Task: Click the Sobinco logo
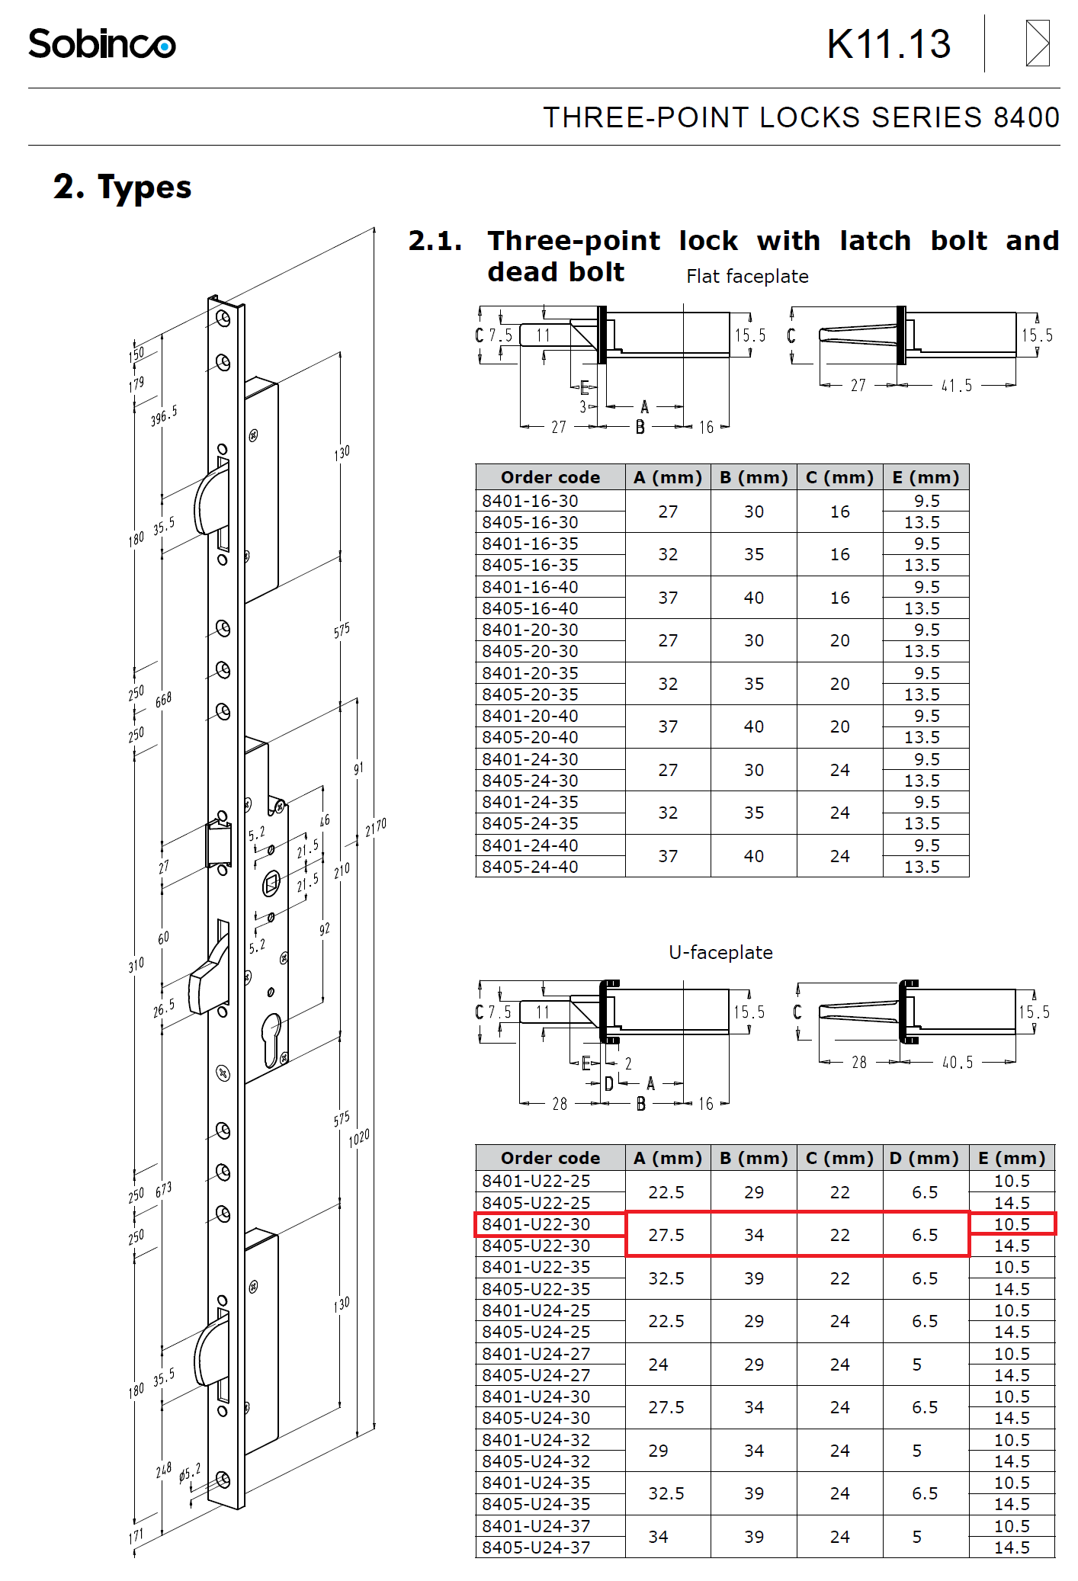(101, 43)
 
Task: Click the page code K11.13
(889, 44)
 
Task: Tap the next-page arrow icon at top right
(1038, 43)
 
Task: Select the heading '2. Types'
(123, 187)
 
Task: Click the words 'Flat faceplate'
(747, 277)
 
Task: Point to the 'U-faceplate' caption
(720, 952)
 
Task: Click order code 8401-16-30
(530, 501)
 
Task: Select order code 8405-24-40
(530, 867)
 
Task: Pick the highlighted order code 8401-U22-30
(536, 1224)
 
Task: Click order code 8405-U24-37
(536, 1547)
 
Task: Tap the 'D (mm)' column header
(924, 1158)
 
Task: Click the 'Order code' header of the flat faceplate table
(550, 477)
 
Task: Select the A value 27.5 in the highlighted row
(666, 1235)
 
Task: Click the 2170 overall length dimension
(376, 827)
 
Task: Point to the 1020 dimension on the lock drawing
(359, 1139)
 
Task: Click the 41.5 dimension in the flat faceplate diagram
(957, 386)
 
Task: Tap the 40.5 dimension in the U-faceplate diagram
(958, 1063)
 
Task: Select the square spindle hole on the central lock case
(271, 885)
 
